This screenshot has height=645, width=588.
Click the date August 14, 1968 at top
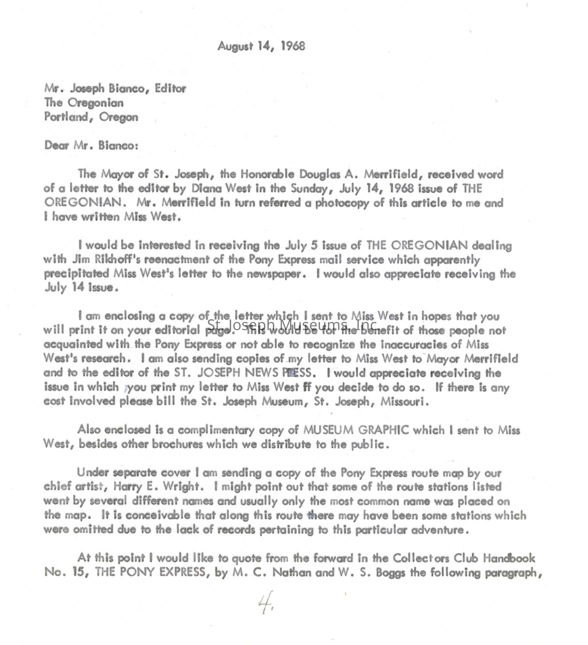click(x=261, y=46)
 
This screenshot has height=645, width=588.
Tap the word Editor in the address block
click(x=170, y=88)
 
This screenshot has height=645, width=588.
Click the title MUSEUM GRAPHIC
click(x=356, y=430)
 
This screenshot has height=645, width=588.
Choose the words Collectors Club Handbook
click(x=464, y=558)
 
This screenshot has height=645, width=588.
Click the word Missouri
click(x=404, y=401)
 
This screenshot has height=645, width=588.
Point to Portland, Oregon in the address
click(x=91, y=117)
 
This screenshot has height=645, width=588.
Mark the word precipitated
click(x=77, y=274)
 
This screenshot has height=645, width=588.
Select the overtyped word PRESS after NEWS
click(x=296, y=373)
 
